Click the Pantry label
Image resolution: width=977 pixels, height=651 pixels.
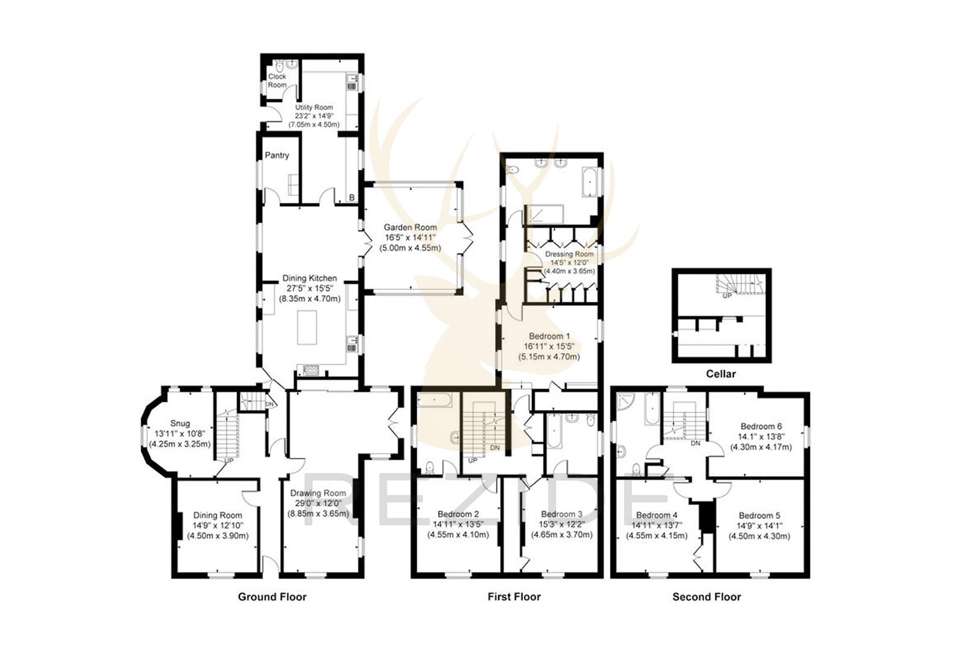pyautogui.click(x=277, y=156)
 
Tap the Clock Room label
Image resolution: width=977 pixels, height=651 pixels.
pyautogui.click(x=277, y=81)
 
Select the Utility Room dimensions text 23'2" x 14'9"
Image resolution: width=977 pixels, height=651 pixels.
pyautogui.click(x=314, y=116)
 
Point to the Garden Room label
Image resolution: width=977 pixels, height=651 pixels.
pyautogui.click(x=410, y=227)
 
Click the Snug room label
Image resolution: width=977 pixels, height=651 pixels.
pyautogui.click(x=180, y=423)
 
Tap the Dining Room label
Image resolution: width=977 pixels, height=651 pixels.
pyautogui.click(x=217, y=515)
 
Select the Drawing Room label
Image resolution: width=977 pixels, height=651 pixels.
pyautogui.click(x=318, y=493)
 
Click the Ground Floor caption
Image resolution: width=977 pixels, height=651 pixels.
pyautogui.click(x=272, y=597)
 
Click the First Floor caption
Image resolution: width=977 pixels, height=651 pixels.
pyautogui.click(x=514, y=597)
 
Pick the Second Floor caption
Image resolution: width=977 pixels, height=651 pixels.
pyautogui.click(x=706, y=597)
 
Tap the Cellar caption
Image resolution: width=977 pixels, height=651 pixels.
pyautogui.click(x=721, y=374)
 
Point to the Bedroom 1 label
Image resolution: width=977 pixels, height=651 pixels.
pyautogui.click(x=549, y=336)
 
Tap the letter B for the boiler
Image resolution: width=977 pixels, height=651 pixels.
pyautogui.click(x=352, y=197)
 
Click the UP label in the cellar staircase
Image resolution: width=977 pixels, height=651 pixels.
pyautogui.click(x=727, y=296)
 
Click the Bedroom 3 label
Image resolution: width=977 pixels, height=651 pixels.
pyautogui.click(x=561, y=514)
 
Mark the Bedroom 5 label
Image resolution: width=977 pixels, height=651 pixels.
pyautogui.click(x=759, y=515)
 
